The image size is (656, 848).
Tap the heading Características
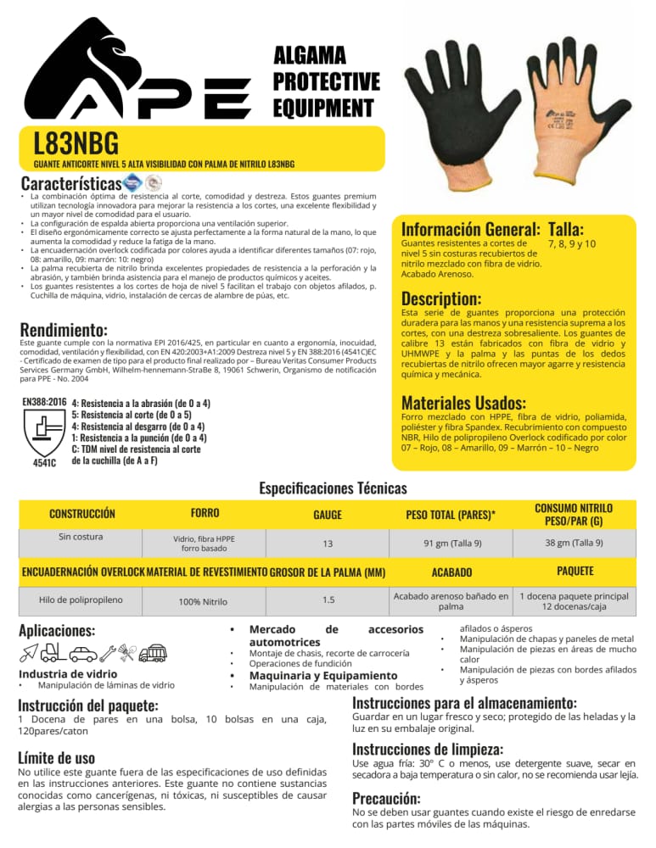pyautogui.click(x=70, y=183)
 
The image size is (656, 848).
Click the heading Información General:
pyautogui.click(x=468, y=229)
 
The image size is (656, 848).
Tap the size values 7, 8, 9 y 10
pyautogui.click(x=573, y=243)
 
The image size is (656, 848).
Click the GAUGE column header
pyautogui.click(x=328, y=515)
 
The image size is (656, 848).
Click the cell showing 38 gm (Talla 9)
pyautogui.click(x=574, y=543)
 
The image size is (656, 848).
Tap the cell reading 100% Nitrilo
pyautogui.click(x=203, y=602)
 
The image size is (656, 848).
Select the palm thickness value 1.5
pyautogui.click(x=328, y=600)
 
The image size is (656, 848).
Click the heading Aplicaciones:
pyautogui.click(x=58, y=631)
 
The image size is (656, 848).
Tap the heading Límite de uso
pyautogui.click(x=56, y=757)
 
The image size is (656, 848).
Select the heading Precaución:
pyautogui.click(x=387, y=798)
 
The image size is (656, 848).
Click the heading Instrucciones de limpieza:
pyautogui.click(x=428, y=750)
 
